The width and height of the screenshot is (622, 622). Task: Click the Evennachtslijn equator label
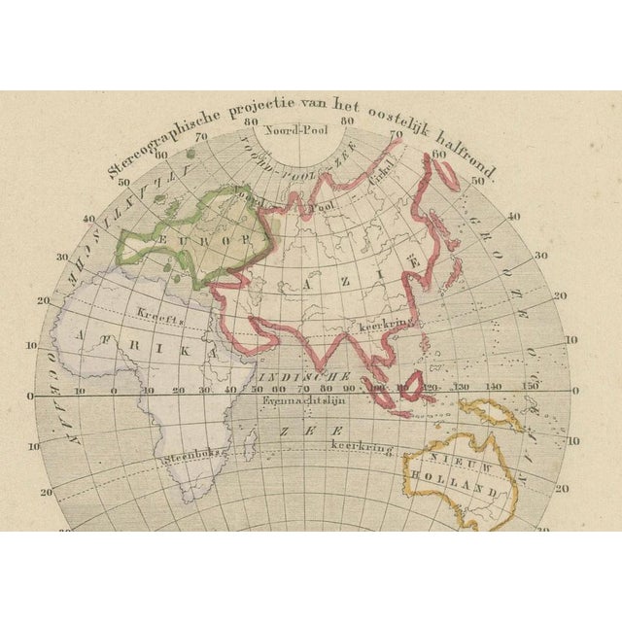(296, 401)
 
